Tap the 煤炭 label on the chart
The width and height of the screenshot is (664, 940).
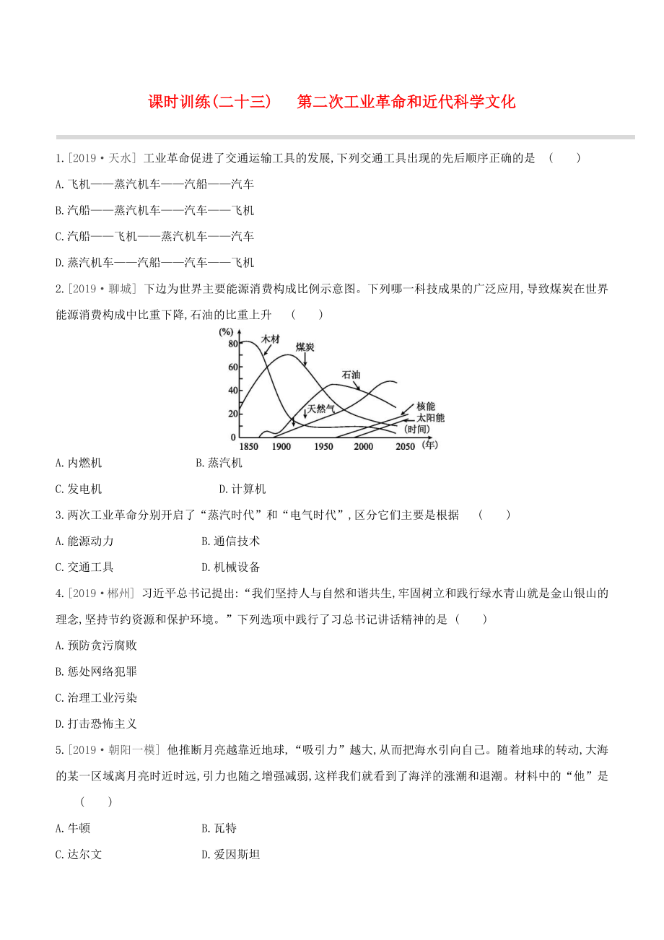[305, 347]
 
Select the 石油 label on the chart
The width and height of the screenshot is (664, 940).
[351, 375]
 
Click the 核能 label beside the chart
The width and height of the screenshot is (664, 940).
[426, 406]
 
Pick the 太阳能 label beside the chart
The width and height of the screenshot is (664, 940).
[430, 417]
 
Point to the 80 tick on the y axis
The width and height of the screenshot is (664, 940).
[232, 344]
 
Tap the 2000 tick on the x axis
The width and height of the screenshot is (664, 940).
[363, 447]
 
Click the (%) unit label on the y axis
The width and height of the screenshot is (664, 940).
[227, 331]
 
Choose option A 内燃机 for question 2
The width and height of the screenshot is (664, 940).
[79, 463]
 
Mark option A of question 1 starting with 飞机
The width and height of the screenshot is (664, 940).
[154, 184]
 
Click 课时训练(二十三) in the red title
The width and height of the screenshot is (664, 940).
[209, 102]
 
